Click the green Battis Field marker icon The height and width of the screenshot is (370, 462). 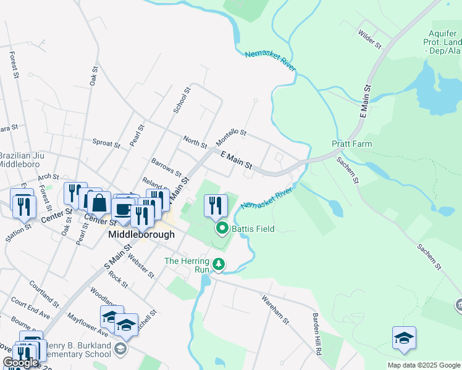point(222,228)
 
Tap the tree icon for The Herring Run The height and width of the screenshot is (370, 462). point(218,265)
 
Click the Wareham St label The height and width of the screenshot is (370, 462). point(275,310)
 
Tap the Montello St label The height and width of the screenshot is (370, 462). point(231,138)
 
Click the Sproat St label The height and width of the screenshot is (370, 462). point(106,143)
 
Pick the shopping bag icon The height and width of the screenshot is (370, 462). point(98,201)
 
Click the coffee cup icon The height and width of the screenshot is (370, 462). point(123,208)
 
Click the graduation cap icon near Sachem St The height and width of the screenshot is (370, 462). point(404,338)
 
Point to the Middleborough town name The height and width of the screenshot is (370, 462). point(141,235)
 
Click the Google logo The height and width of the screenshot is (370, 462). point(20,363)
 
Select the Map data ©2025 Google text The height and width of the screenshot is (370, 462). point(423,365)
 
